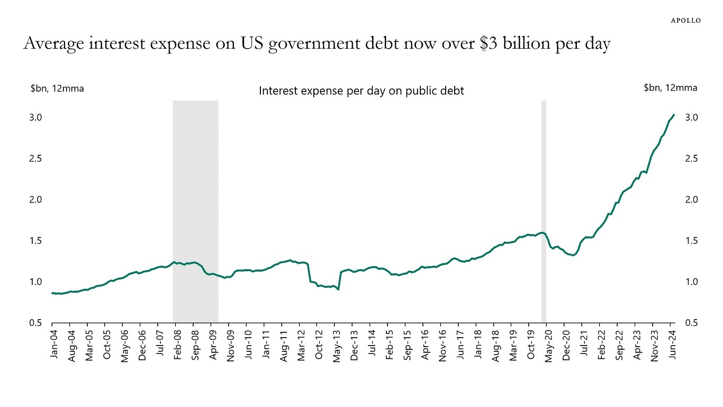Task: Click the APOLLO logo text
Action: coord(686,20)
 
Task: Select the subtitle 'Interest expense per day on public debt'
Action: coord(361,91)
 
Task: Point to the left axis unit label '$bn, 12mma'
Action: coord(57,89)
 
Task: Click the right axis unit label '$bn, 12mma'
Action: coord(670,88)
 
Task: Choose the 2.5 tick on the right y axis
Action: coord(692,158)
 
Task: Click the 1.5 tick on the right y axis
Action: coord(692,241)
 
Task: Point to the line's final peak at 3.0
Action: coord(673,114)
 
